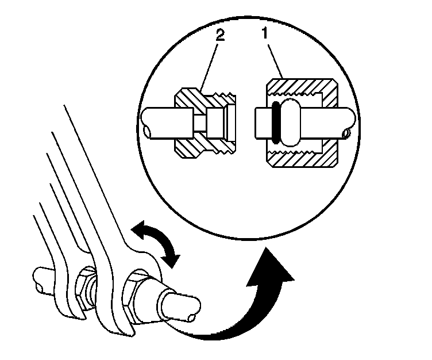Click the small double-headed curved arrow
(x=154, y=243)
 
